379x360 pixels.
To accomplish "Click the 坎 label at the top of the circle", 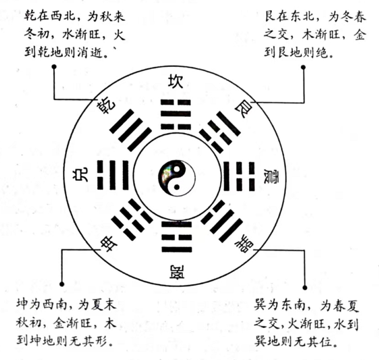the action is [176, 81].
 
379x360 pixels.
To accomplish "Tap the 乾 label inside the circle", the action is [106, 106].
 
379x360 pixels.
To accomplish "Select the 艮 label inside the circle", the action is [243, 109].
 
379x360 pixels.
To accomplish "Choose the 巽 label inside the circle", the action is [244, 243].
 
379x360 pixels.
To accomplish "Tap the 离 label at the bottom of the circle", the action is [176, 272].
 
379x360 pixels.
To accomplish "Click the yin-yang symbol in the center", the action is [176, 178].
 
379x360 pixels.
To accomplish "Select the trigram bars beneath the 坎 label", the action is [176, 114].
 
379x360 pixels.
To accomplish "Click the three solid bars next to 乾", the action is [130, 130].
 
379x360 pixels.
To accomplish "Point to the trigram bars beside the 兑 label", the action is [112, 175].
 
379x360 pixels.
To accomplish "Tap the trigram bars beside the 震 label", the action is [239, 176].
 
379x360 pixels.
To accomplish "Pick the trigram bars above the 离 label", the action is [176, 237].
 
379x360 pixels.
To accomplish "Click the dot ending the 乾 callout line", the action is [54, 67].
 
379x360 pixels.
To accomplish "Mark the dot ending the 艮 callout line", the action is [303, 67].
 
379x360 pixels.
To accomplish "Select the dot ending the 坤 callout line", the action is [62, 284].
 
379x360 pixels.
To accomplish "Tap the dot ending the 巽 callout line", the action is [305, 287].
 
